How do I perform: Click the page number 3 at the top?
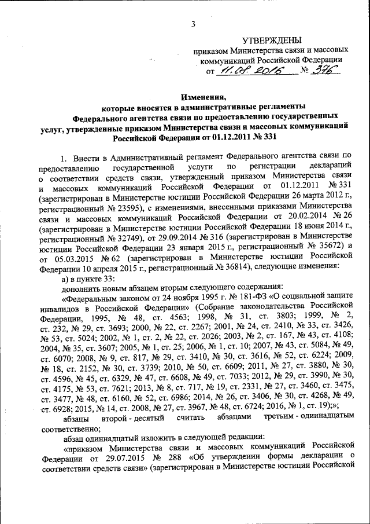pos(194,23)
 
